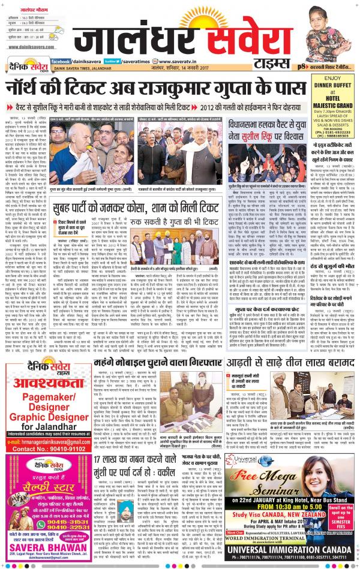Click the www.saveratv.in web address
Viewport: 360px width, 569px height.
(x=179, y=61)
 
